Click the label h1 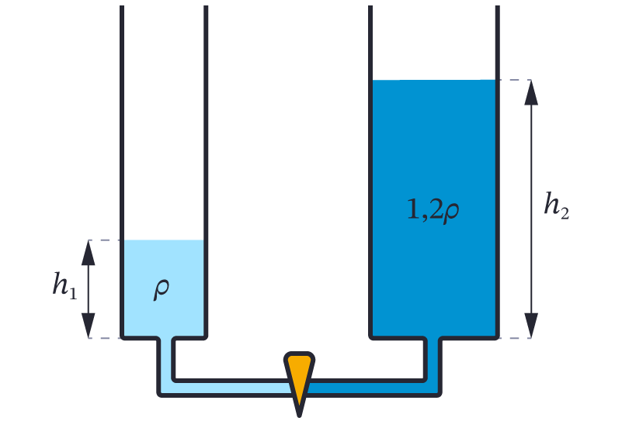(x=64, y=286)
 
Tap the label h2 (x=557, y=206)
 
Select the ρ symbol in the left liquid (x=162, y=288)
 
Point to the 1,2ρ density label (x=433, y=209)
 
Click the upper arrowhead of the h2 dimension (x=531, y=92)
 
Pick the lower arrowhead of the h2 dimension (x=531, y=325)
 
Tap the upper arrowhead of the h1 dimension (x=89, y=253)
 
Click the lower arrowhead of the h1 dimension (x=89, y=325)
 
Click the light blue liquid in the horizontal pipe (x=225, y=388)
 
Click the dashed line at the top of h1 (x=103, y=240)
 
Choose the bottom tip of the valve (x=299, y=413)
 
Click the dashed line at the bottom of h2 (x=514, y=338)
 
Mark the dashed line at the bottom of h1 (x=103, y=338)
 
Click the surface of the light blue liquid (x=163, y=240)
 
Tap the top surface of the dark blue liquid (x=433, y=81)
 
